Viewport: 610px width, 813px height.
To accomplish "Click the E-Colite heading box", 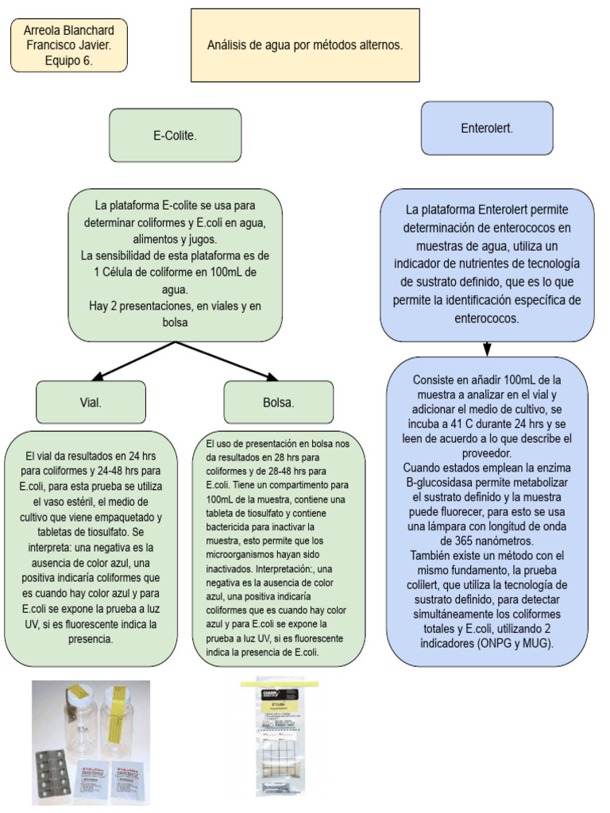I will tap(175, 136).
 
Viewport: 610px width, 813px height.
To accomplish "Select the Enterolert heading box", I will tap(486, 128).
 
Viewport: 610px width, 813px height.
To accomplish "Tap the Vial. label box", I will tap(91, 402).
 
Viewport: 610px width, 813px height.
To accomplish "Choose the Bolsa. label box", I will tap(278, 403).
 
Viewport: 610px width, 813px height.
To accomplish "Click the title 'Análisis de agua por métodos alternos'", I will tap(305, 46).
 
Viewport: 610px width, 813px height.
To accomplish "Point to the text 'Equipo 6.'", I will tap(69, 60).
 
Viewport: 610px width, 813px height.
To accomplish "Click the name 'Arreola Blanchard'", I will tap(69, 30).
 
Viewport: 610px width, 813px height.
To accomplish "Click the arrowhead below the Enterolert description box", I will tap(486, 349).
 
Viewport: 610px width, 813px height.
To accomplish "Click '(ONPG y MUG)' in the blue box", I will tap(517, 643).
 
